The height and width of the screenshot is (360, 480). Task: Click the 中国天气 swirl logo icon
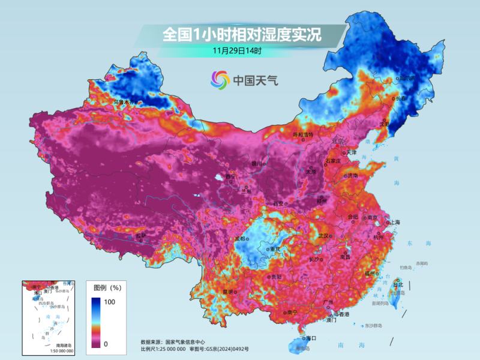tap(220, 79)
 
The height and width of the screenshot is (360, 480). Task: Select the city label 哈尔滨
tap(407, 79)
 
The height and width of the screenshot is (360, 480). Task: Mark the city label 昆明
tap(228, 292)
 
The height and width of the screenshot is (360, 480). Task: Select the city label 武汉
tap(323, 236)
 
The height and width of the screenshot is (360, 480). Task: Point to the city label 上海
tap(394, 223)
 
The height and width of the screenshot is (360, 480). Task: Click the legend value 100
tap(110, 302)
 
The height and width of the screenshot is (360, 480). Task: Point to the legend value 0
tap(106, 344)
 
